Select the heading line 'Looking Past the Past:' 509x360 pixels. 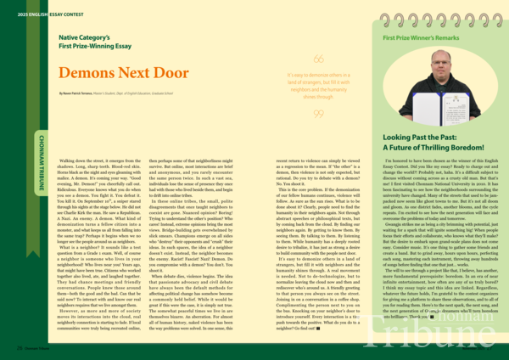[422, 137]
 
